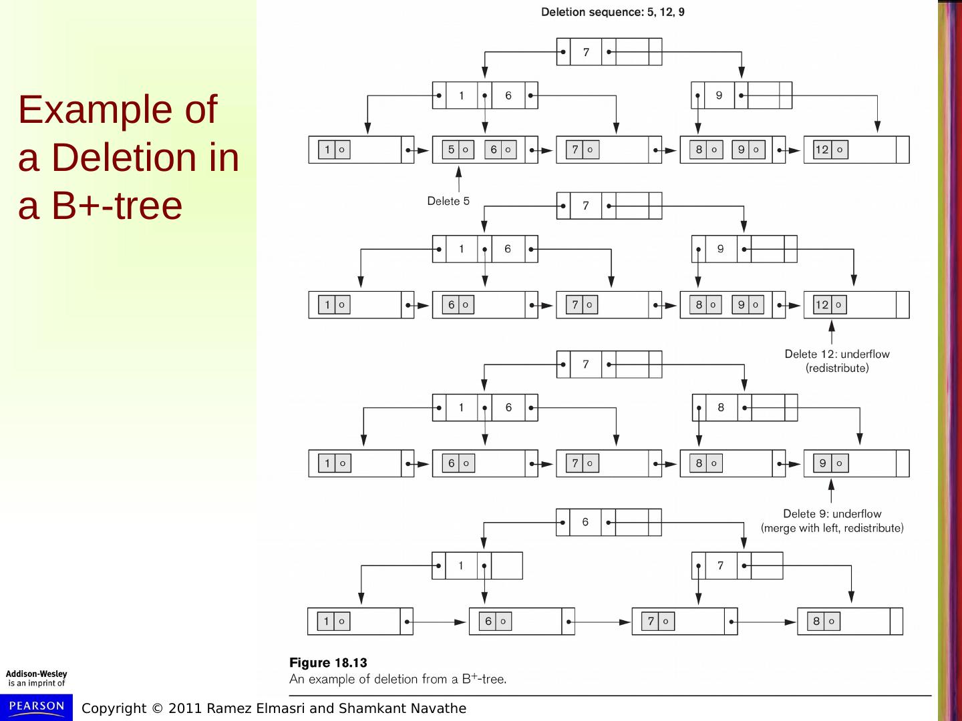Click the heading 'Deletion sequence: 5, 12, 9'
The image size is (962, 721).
[612, 12]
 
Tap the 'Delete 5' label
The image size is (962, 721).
[448, 201]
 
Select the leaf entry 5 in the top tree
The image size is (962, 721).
[452, 150]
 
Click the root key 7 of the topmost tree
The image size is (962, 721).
[586, 52]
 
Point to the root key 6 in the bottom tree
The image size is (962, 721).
[585, 522]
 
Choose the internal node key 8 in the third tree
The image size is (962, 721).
[720, 407]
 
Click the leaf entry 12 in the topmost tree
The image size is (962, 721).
[822, 150]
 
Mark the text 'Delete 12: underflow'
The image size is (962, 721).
[836, 354]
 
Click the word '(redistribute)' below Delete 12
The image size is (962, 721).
[836, 369]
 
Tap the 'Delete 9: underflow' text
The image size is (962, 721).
[832, 513]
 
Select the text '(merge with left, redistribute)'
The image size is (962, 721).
[832, 528]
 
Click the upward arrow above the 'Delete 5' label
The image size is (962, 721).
[458, 179]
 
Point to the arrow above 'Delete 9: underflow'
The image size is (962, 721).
[831, 491]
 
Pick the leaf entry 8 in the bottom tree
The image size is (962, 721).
[816, 622]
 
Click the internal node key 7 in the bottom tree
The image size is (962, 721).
[720, 565]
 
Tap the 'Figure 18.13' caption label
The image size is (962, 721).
[328, 663]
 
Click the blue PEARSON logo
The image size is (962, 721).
[37, 706]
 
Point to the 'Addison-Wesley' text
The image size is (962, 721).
[36, 674]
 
